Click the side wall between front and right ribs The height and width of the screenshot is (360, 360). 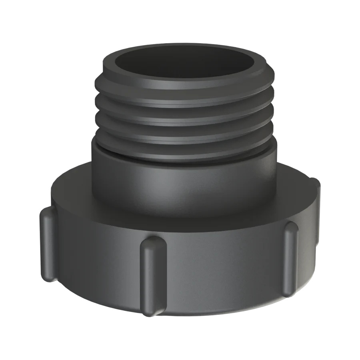click(224, 272)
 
